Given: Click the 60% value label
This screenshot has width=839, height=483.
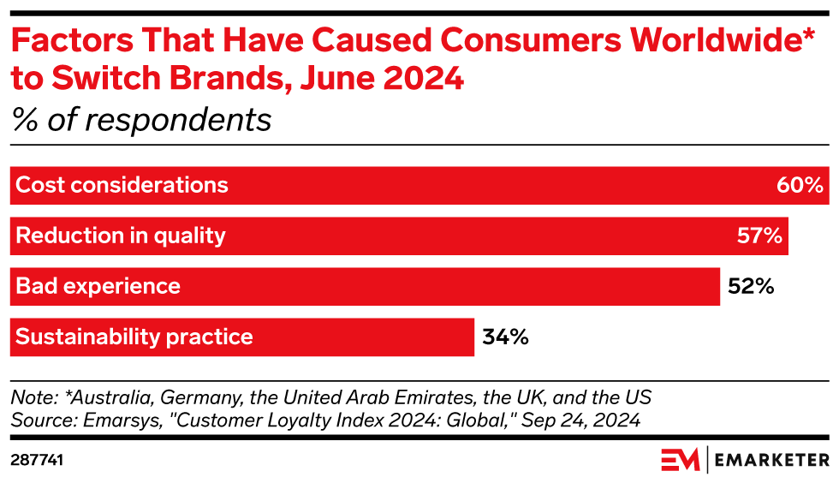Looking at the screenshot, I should point(800,185).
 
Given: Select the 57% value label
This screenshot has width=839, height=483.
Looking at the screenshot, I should point(759,236).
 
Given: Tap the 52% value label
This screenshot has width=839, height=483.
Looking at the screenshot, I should point(751,286).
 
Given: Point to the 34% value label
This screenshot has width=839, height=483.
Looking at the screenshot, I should point(505,337).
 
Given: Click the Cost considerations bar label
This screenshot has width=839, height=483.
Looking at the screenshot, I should point(122,185).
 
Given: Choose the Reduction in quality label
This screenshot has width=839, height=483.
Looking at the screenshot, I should point(121,236).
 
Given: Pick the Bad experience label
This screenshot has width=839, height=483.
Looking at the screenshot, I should point(98,286).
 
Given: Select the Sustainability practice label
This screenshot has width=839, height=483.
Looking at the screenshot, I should point(134,337).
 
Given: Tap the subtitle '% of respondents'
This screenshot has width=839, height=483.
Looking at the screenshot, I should point(141,120).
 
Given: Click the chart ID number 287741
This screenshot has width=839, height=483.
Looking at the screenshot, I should point(37,460).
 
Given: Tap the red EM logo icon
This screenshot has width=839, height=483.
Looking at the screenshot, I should point(681,460).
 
